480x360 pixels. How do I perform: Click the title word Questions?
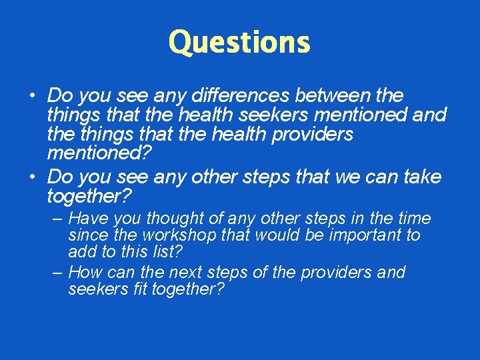pos(239,43)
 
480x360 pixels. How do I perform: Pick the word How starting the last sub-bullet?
pos(85,273)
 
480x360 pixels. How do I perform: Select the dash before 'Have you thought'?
pos(57,219)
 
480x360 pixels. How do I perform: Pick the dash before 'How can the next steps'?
pos(57,273)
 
